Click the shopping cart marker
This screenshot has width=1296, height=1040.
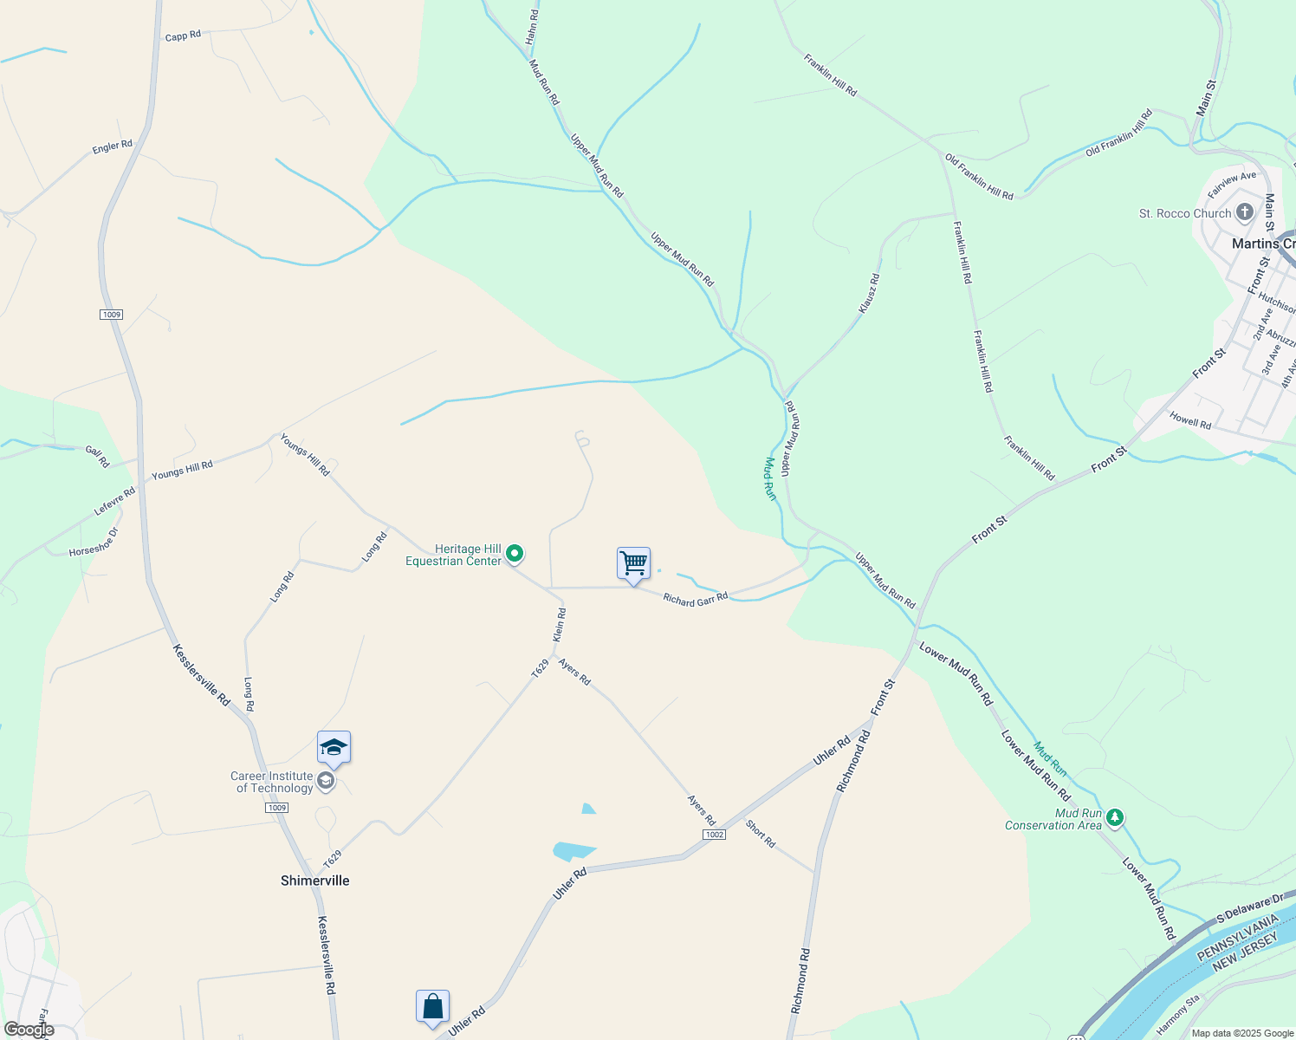click(x=633, y=563)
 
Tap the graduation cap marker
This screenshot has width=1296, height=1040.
click(x=334, y=747)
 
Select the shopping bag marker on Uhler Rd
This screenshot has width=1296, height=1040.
click(x=432, y=1007)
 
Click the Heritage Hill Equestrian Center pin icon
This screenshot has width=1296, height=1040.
click(x=515, y=553)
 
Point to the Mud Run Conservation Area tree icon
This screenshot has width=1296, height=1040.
click(x=1115, y=817)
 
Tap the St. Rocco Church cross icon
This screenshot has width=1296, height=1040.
click(x=1244, y=212)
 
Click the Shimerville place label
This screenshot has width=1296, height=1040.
click(x=315, y=881)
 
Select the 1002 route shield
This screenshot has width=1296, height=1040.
click(x=714, y=835)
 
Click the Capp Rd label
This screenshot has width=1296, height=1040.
click(x=183, y=36)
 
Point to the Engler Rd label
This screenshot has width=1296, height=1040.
click(x=113, y=146)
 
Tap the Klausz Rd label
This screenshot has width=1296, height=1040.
click(x=869, y=294)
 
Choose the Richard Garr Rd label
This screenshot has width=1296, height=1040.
click(x=696, y=599)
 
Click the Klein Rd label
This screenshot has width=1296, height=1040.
click(x=561, y=625)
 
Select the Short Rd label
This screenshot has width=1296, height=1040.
click(x=761, y=834)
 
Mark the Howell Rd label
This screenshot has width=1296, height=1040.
click(x=1190, y=421)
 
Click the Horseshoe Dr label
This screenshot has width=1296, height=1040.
click(x=94, y=543)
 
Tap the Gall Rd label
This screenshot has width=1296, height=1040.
click(x=97, y=456)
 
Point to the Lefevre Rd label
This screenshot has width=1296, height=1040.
click(x=114, y=501)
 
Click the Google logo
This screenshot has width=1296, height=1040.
click(x=29, y=1030)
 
